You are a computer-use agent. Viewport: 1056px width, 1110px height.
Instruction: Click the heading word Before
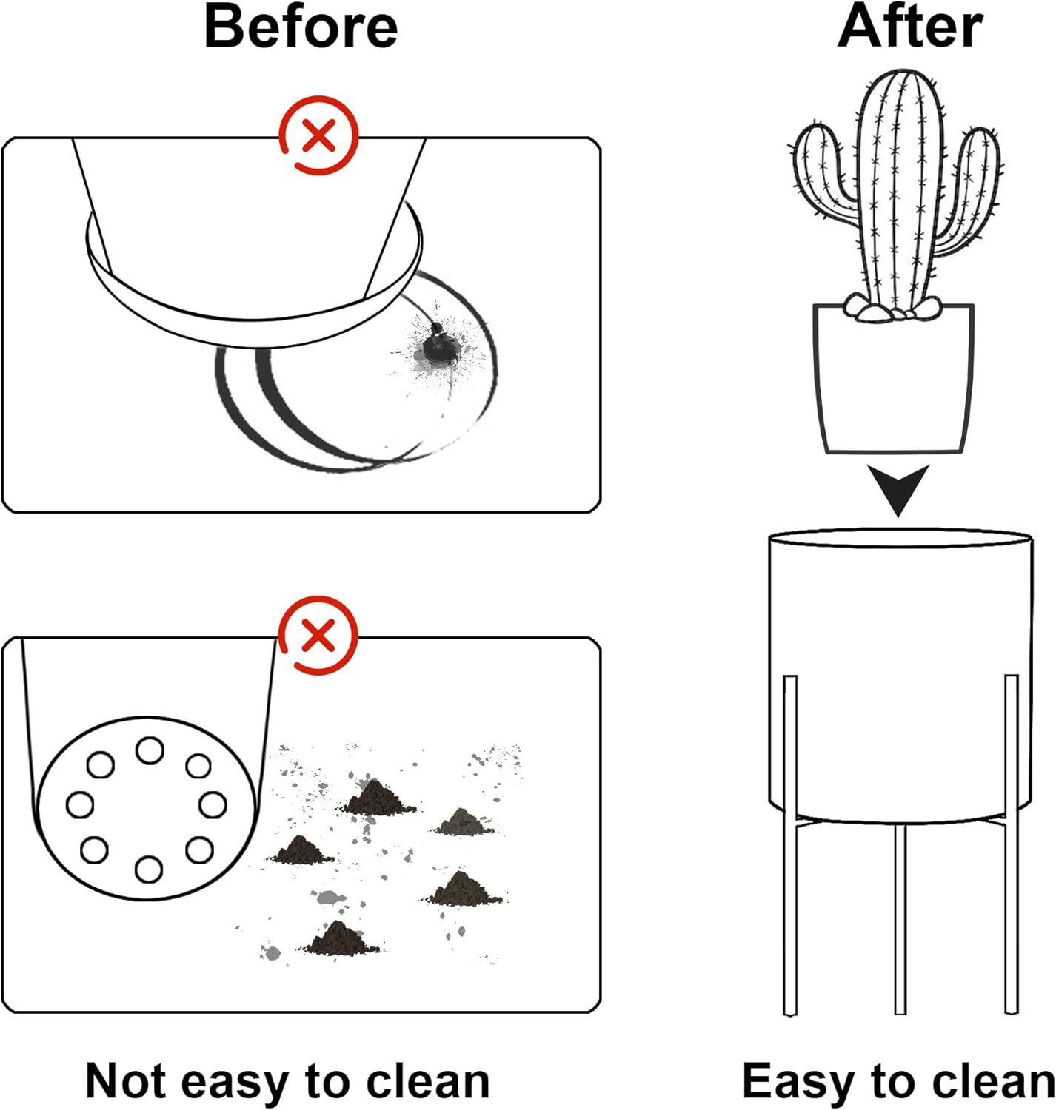pyautogui.click(x=301, y=27)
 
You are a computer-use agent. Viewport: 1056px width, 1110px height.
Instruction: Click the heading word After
pyautogui.click(x=910, y=27)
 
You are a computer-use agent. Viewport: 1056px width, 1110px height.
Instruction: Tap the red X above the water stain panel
pyautogui.click(x=318, y=135)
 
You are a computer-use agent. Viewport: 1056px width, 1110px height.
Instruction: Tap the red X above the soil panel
pyautogui.click(x=318, y=636)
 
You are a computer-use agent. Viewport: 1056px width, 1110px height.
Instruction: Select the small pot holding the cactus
pyautogui.click(x=893, y=381)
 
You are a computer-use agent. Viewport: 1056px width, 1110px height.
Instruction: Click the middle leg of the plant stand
pyautogui.click(x=900, y=918)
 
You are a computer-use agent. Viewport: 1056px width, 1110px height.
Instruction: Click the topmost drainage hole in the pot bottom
pyautogui.click(x=150, y=750)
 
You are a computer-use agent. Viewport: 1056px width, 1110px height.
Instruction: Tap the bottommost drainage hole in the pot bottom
pyautogui.click(x=149, y=869)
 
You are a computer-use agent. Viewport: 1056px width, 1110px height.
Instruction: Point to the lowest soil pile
pyautogui.click(x=338, y=940)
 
